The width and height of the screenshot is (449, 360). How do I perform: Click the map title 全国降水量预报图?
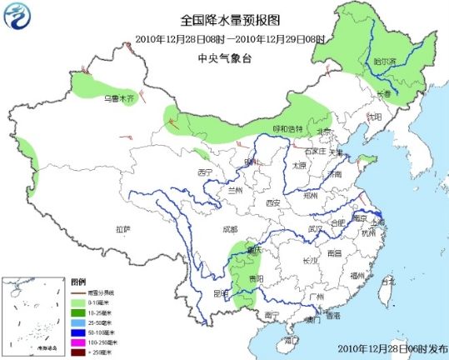(224, 20)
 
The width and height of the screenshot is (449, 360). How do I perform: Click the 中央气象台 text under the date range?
(224, 57)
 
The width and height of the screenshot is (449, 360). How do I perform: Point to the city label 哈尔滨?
(407, 61)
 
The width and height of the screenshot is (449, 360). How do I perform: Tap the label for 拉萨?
(123, 228)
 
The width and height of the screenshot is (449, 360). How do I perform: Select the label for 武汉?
(315, 227)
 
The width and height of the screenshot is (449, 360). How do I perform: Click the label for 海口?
(290, 340)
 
